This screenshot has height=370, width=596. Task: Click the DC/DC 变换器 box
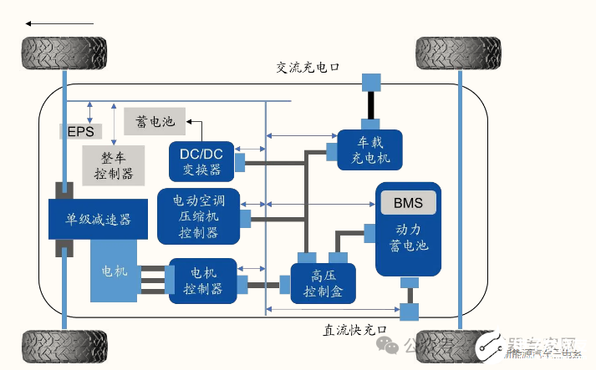point(201,161)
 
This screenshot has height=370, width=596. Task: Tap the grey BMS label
point(409,203)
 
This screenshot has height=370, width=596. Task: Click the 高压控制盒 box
point(323,283)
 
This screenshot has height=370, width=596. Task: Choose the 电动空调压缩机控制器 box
point(197,216)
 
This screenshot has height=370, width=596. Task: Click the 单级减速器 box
point(99,220)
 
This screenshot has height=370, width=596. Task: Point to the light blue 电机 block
point(114,271)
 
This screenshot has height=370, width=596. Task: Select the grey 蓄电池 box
point(155,121)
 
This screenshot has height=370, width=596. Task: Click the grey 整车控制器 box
point(114,165)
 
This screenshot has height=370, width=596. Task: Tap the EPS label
point(81,132)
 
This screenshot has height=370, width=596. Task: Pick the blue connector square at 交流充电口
point(370,82)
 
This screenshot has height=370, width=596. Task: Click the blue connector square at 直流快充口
point(410,312)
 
